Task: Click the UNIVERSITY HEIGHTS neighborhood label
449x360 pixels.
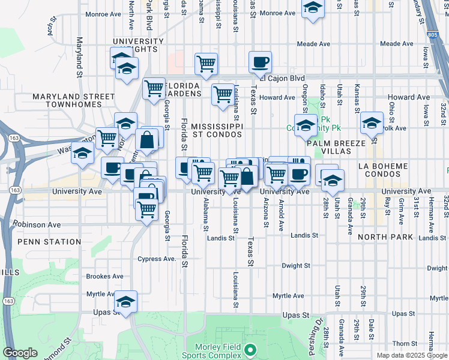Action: (137, 46)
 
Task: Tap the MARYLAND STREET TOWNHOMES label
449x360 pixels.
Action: (73, 100)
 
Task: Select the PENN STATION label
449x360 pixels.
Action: (49, 242)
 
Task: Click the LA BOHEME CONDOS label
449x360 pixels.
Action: (382, 170)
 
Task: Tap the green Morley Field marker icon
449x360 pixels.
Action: (252, 349)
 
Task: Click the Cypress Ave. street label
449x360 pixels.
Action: (157, 259)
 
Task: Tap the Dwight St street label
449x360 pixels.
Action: (295, 265)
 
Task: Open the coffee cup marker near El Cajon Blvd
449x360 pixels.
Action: (261, 62)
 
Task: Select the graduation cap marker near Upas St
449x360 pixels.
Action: (126, 301)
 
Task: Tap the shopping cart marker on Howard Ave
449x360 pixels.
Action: (223, 94)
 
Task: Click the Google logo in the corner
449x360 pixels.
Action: (20, 353)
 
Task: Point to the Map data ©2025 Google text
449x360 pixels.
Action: (412, 355)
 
